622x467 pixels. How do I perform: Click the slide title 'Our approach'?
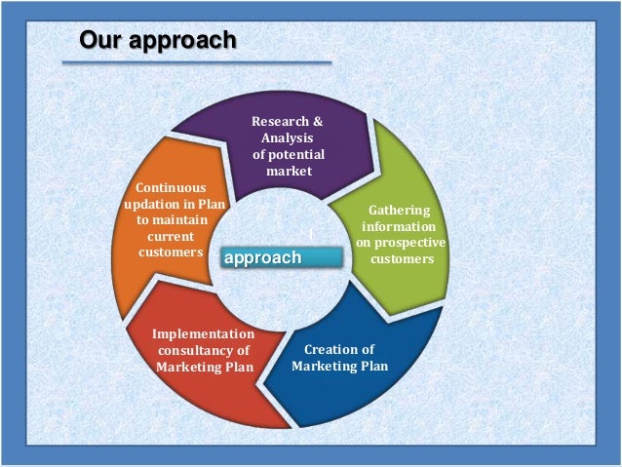point(157,41)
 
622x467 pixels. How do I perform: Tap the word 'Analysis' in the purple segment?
point(288,138)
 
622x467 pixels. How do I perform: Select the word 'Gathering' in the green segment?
point(398,210)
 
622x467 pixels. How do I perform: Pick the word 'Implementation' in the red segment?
point(203,333)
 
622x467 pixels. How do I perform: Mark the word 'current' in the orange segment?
point(170,236)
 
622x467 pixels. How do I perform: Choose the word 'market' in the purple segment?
point(289,172)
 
